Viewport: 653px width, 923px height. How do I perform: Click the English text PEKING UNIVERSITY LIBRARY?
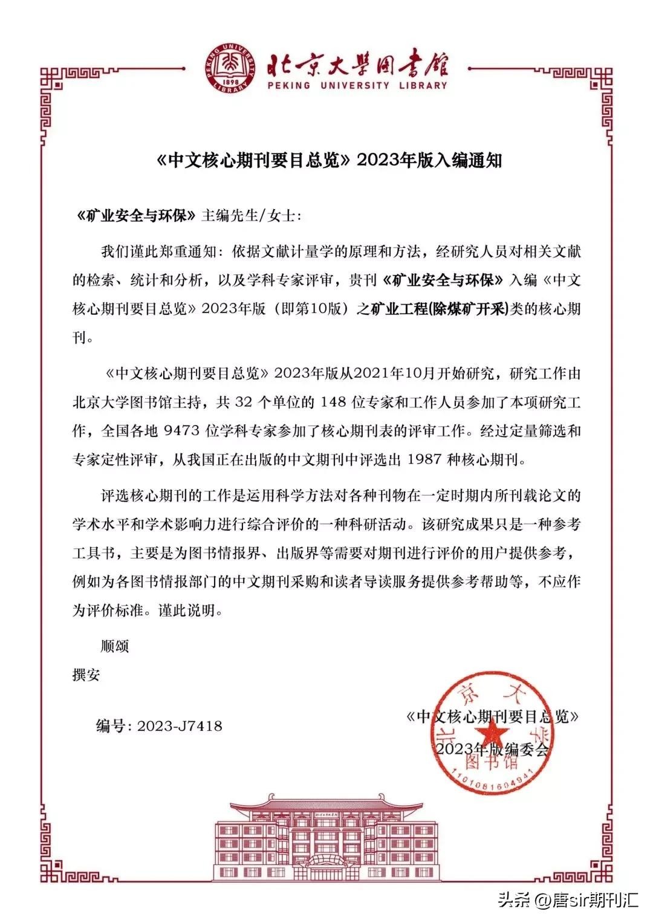click(x=358, y=86)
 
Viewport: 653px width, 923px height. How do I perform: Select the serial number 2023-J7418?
click(x=180, y=726)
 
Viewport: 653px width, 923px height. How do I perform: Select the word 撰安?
click(x=86, y=675)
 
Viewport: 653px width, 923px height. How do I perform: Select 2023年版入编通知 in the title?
click(x=430, y=161)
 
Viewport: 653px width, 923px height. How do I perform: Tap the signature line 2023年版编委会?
click(x=492, y=750)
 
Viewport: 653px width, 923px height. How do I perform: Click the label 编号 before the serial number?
click(x=111, y=726)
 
